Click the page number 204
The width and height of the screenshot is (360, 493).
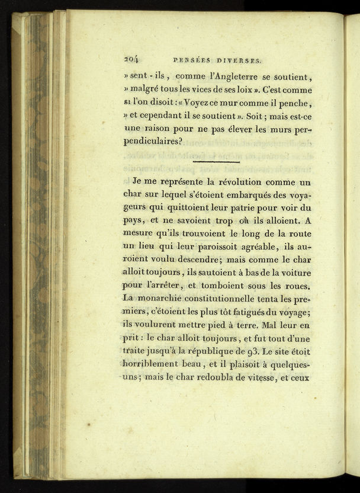click(x=130, y=59)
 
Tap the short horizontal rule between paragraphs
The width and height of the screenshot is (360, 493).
click(x=216, y=161)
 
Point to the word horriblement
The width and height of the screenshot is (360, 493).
click(x=155, y=363)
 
